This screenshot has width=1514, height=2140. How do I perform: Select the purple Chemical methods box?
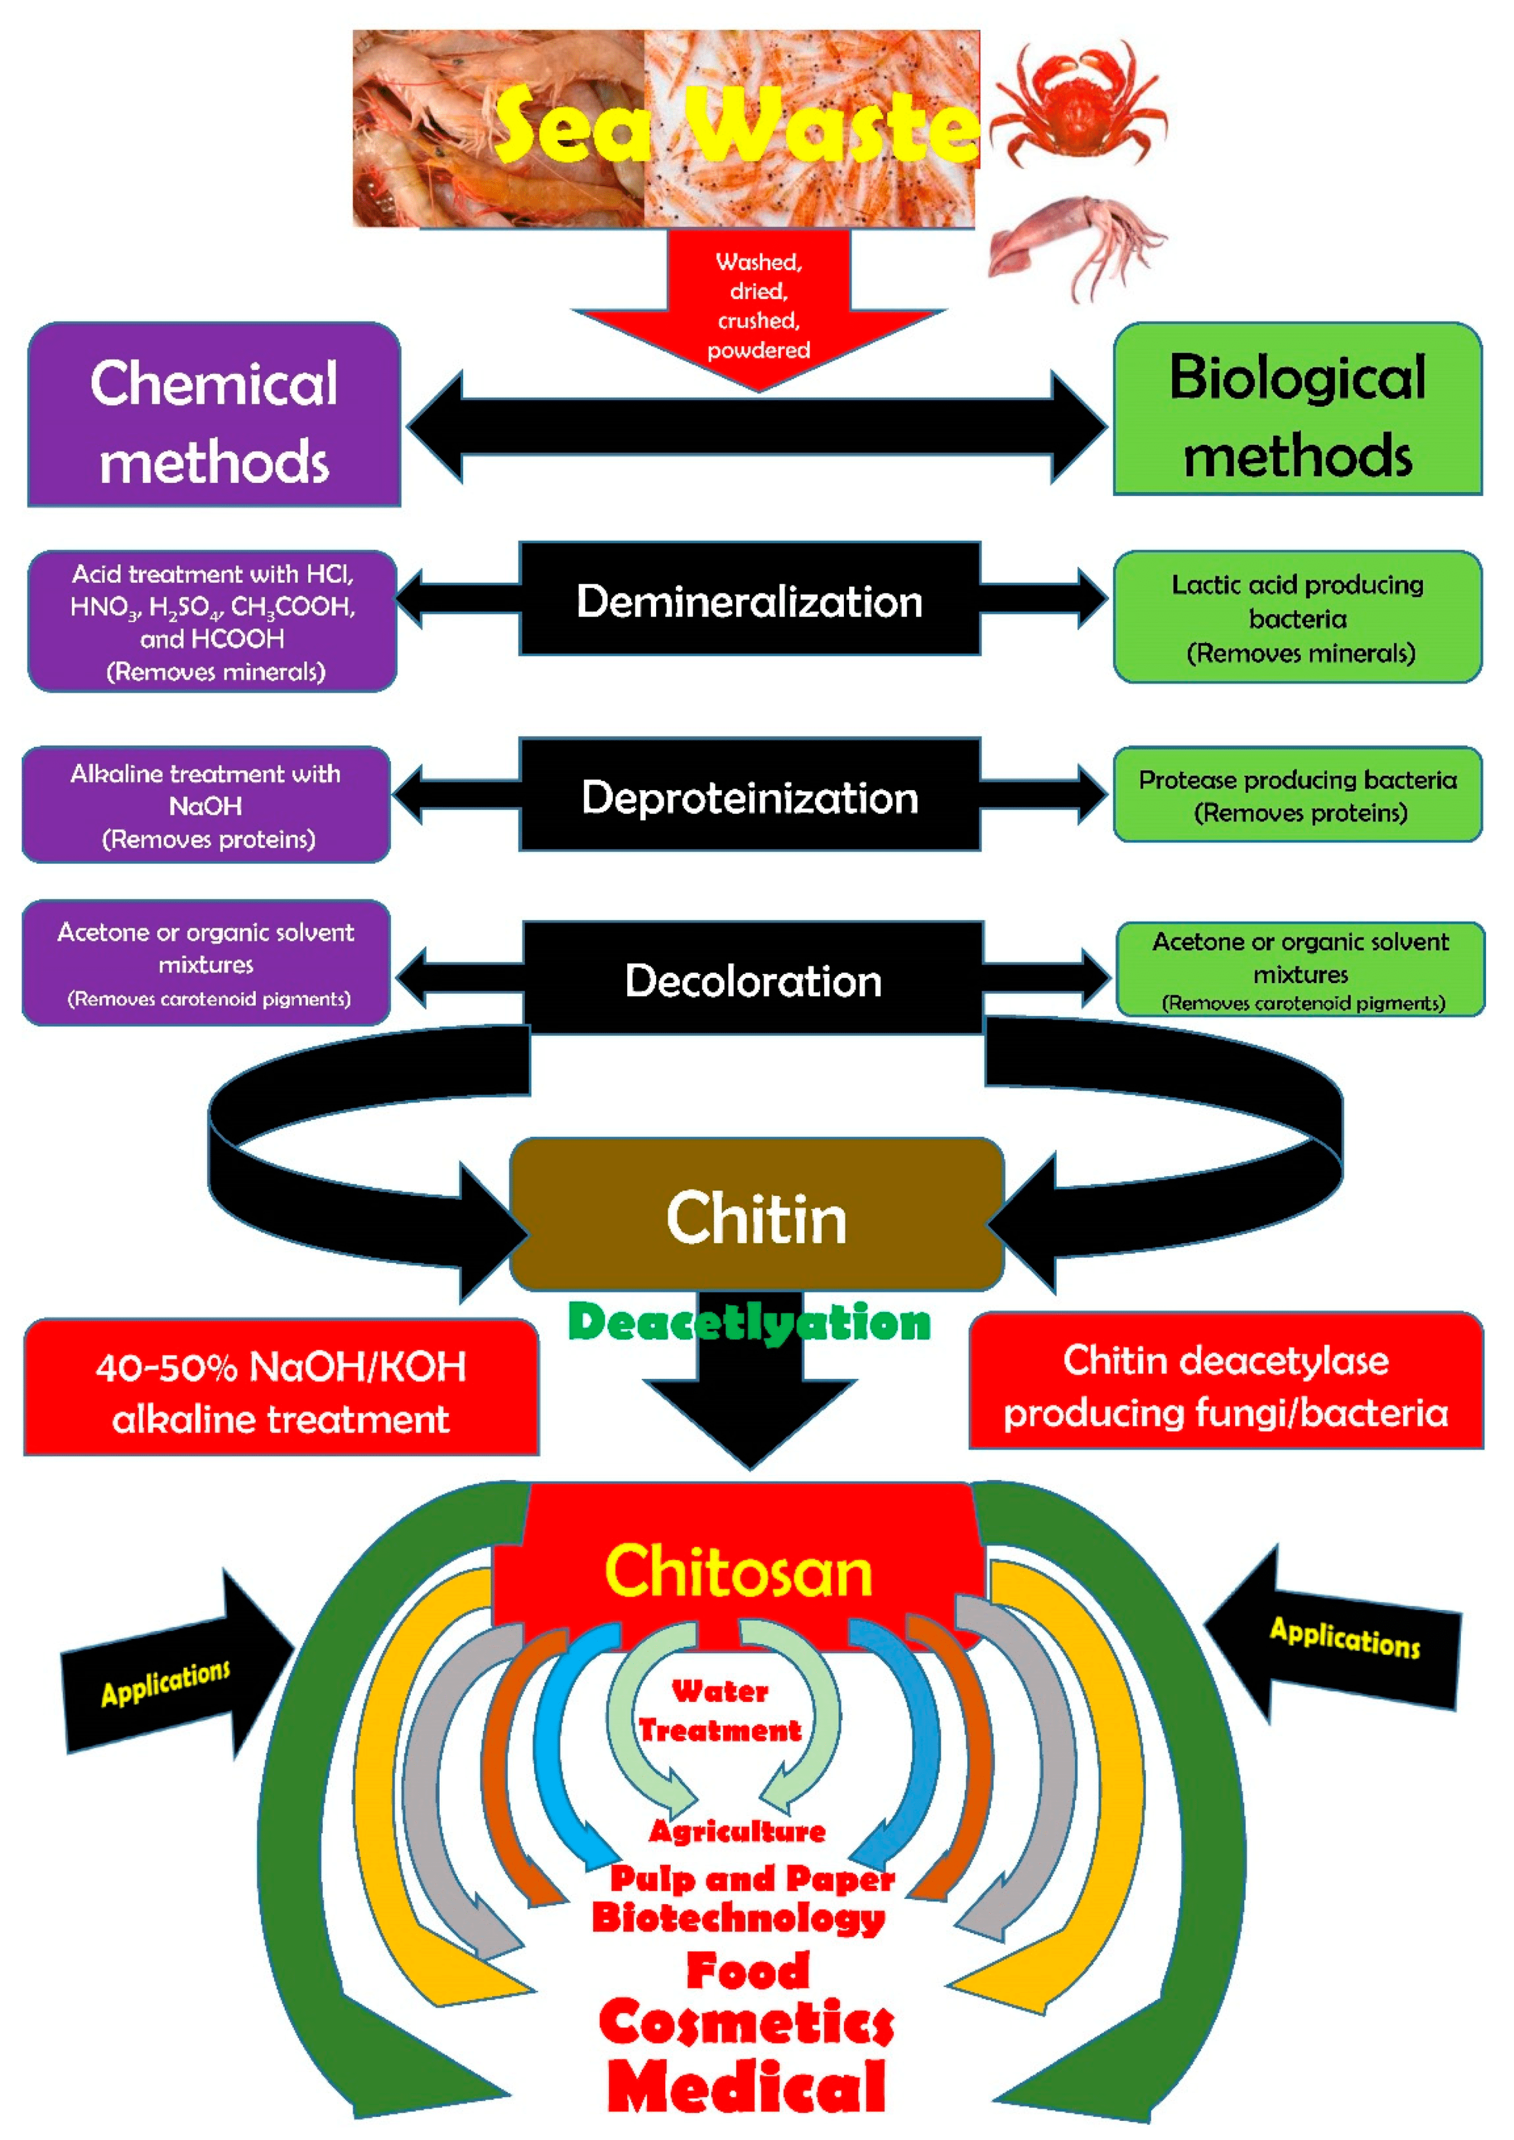click(214, 415)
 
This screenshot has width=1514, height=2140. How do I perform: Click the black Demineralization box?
click(749, 599)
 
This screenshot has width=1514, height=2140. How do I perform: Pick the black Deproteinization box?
click(749, 795)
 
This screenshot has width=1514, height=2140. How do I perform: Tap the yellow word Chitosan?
click(738, 1571)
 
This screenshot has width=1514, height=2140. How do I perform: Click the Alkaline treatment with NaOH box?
click(206, 805)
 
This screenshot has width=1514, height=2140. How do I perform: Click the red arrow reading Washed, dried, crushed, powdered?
click(758, 308)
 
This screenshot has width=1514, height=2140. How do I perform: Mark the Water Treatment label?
click(719, 1710)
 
